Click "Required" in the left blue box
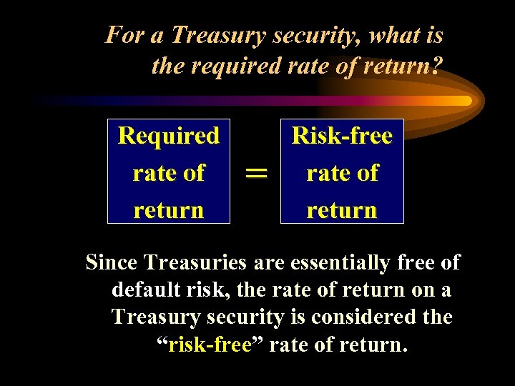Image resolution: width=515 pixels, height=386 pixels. [x=169, y=135]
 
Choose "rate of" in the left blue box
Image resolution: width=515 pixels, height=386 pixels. [x=169, y=172]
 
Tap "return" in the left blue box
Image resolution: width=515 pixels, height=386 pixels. [x=169, y=209]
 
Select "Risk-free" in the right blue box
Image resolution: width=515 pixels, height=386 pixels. [x=342, y=135]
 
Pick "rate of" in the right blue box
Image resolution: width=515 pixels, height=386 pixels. [x=342, y=172]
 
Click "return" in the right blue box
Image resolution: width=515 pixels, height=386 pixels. [x=342, y=209]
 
